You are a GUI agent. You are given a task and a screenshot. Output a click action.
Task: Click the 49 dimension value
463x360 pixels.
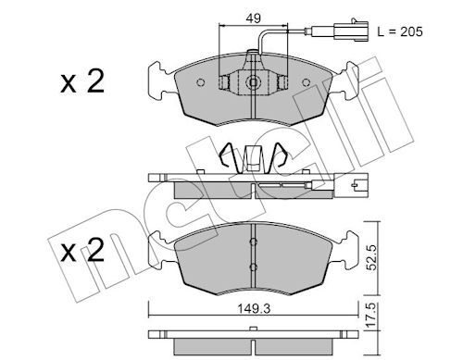tap(253, 19)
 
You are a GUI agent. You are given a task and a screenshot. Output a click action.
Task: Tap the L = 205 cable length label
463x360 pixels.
tap(400, 31)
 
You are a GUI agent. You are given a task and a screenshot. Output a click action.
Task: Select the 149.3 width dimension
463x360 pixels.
tap(254, 308)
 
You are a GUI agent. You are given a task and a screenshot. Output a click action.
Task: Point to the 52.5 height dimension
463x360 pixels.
tap(372, 257)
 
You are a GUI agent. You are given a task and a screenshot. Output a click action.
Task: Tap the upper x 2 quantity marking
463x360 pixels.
tap(82, 81)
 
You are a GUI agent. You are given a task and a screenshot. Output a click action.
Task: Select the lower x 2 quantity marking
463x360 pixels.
tap(82, 251)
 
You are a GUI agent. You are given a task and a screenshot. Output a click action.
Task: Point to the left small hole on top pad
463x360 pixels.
tap(201, 82)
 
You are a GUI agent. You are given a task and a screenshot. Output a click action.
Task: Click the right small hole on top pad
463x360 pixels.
tap(306, 82)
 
